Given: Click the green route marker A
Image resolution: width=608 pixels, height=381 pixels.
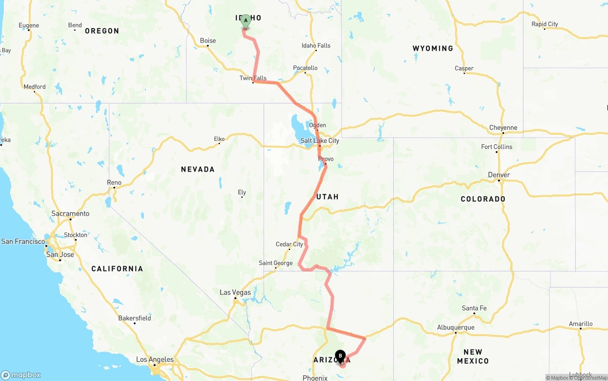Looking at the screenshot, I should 246,21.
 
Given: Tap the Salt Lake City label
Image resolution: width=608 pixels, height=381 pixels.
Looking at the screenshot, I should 320,140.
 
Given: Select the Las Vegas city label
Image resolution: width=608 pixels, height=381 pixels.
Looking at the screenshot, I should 235,292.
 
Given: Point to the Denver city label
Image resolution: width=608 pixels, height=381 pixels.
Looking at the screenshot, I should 499,175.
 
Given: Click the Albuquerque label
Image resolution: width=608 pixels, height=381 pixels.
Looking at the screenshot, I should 456,327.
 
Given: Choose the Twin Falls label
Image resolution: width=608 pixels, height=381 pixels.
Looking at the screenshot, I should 253,78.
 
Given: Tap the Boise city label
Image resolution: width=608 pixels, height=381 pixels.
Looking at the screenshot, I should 208,41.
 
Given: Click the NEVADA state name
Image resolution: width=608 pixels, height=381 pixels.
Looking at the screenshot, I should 198,169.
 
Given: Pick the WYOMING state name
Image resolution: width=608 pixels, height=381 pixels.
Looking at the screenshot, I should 433,48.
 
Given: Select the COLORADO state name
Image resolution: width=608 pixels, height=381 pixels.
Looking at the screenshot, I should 483,199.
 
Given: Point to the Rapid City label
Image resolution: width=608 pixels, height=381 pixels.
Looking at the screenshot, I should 545,24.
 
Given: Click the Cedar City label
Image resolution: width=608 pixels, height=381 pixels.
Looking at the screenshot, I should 289,244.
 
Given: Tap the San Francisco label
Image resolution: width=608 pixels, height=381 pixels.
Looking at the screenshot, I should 23,242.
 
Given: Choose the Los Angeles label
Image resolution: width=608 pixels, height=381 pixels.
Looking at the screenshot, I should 155,360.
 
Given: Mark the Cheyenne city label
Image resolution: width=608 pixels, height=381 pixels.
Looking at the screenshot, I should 503,128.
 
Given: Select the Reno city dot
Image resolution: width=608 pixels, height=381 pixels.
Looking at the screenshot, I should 114,188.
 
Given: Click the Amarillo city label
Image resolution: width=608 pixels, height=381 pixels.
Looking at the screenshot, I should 580,324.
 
